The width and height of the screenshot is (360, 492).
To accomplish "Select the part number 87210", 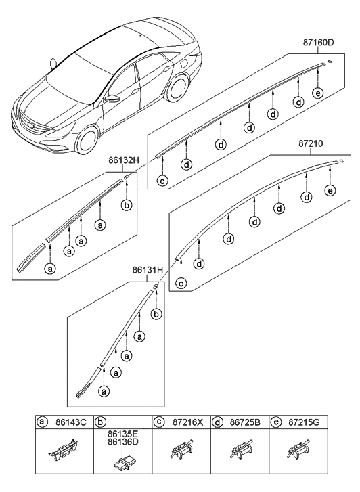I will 311,144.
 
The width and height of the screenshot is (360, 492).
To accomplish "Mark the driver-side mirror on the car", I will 112,99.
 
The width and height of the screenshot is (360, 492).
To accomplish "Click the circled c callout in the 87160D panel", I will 162,180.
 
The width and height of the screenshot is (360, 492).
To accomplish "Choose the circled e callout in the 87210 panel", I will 330,192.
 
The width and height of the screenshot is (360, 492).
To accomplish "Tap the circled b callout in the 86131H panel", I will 157,315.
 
